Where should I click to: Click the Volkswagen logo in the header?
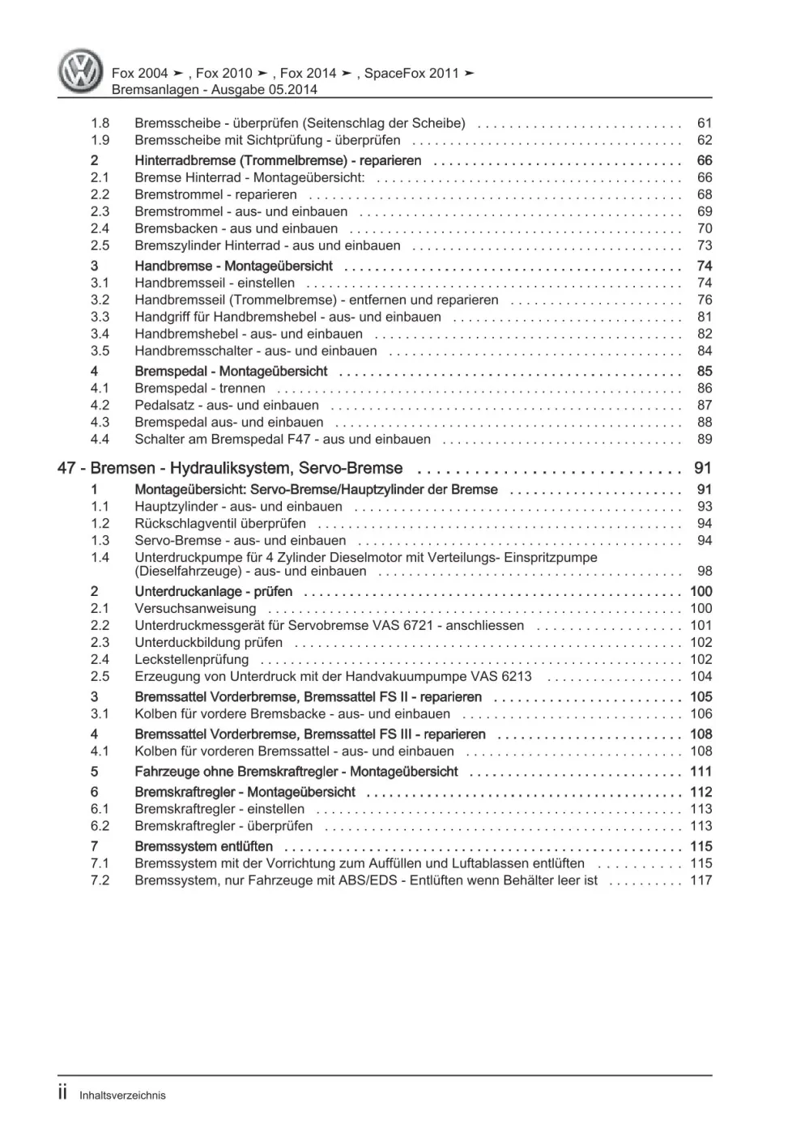point(82,70)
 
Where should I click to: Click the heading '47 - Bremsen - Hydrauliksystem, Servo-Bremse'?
point(230,468)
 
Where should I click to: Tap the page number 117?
point(700,880)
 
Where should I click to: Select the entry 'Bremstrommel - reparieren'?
point(215,194)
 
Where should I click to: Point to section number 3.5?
point(100,351)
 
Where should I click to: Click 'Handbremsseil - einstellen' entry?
point(215,283)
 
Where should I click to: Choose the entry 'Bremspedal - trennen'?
point(200,388)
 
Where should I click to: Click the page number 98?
point(704,571)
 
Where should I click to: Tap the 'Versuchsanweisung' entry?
point(195,608)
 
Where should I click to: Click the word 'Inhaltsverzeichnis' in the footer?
point(122,1095)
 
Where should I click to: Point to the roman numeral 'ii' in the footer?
point(63,1093)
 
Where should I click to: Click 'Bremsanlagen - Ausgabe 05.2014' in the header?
point(214,90)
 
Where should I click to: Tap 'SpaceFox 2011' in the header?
point(411,73)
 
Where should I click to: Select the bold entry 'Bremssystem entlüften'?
point(203,846)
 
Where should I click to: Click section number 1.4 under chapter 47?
point(100,557)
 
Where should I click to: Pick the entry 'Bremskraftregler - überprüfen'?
point(224,826)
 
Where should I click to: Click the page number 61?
point(704,123)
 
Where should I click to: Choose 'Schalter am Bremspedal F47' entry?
point(283,439)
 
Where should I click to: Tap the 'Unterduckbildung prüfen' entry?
point(209,642)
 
